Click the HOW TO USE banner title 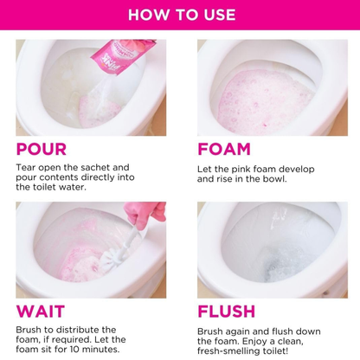(x=179, y=15)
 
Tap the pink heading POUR (x=42, y=149)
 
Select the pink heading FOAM (x=224, y=149)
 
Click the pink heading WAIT (x=39, y=312)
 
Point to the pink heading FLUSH (x=227, y=312)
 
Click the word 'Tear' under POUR (x=28, y=167)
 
